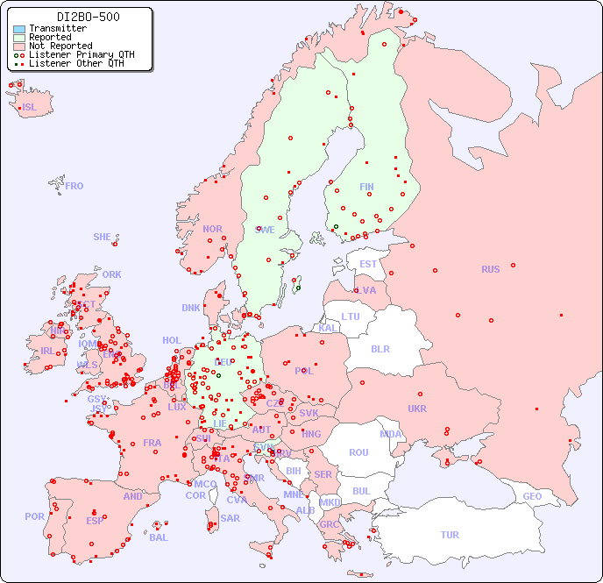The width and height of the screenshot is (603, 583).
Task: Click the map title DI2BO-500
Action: click(88, 17)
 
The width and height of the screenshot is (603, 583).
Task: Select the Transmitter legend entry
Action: click(57, 29)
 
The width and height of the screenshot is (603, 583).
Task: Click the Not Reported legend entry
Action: click(60, 46)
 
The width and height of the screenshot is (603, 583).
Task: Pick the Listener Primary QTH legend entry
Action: click(82, 54)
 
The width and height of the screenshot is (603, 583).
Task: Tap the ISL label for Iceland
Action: click(30, 108)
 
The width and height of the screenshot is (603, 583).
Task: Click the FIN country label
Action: click(366, 187)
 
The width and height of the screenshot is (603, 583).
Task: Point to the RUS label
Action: click(490, 269)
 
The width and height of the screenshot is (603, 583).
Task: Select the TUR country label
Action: click(450, 535)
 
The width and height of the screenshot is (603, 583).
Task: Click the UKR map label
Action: click(417, 409)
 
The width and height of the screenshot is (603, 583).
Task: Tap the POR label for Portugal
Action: click(34, 516)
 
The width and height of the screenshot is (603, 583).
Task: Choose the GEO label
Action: click(532, 496)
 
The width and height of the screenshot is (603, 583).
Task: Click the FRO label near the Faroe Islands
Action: click(74, 186)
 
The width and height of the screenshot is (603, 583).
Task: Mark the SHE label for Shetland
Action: click(103, 237)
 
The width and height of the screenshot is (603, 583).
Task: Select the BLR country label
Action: click(380, 348)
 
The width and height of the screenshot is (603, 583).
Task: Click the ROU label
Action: click(358, 452)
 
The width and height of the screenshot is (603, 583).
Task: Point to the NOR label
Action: click(212, 229)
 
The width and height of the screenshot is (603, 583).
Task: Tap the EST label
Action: click(368, 264)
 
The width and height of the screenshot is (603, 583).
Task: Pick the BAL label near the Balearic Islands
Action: click(158, 537)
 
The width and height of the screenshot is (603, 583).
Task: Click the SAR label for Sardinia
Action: click(230, 518)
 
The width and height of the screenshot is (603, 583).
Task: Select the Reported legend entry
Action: click(50, 38)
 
